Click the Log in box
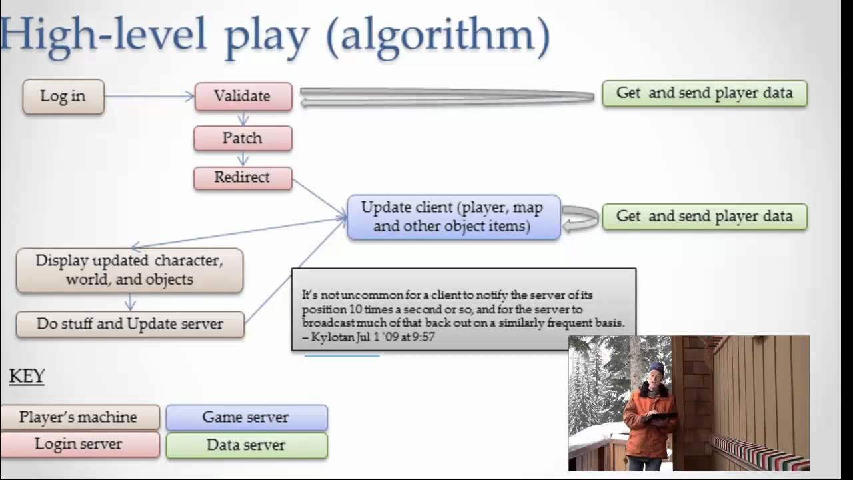(63, 97)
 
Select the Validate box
(243, 96)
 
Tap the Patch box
(243, 138)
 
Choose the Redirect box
(243, 177)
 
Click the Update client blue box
(452, 217)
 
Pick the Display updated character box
(129, 270)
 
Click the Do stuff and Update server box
(130, 324)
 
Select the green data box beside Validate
(704, 93)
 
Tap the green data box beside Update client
(704, 217)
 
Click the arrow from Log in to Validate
(149, 97)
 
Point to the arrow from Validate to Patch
(243, 119)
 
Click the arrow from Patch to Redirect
(243, 159)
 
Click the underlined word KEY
(27, 377)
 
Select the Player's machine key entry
(79, 417)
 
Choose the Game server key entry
(246, 417)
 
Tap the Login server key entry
(79, 445)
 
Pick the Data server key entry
(246, 445)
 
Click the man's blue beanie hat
(656, 367)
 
